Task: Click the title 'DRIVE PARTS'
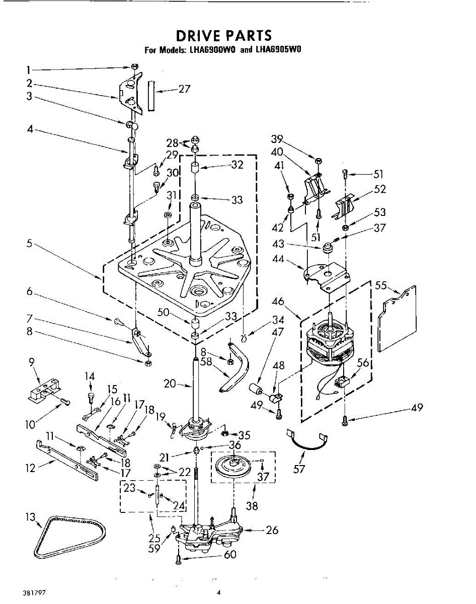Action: [223, 36]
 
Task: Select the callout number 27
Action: [184, 89]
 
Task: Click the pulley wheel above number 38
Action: [235, 466]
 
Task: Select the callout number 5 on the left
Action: [30, 244]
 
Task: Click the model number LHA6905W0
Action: [278, 50]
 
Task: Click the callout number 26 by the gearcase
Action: [272, 529]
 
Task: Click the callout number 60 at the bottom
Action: [230, 555]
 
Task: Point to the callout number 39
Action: [277, 139]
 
